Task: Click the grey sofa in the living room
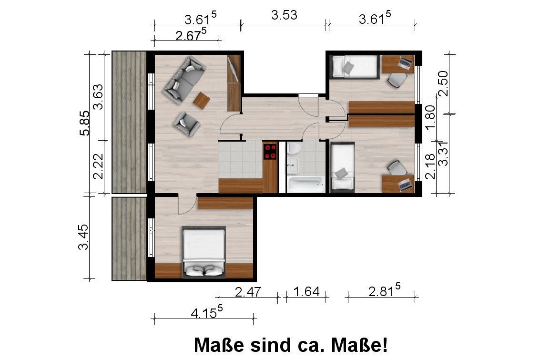coord(183,79)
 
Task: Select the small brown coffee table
coord(201,100)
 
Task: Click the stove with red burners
coord(270,151)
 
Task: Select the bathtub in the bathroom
coord(306,185)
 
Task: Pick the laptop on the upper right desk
coord(406,62)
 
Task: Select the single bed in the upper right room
coord(354,66)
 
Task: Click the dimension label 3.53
coord(284,15)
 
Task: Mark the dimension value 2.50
coord(443,83)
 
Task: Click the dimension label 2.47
coord(248,291)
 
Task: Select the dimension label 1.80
coord(430,115)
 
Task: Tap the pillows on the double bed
coord(204,270)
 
